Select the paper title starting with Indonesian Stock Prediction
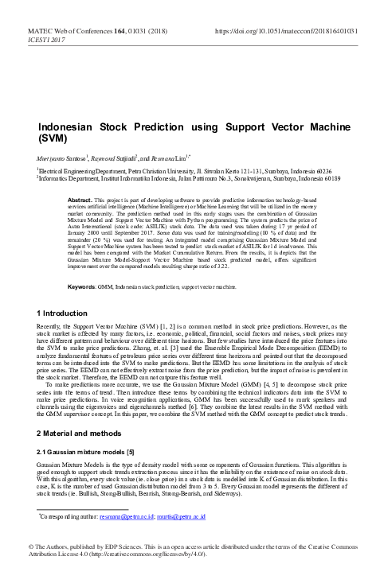click(x=190, y=132)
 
